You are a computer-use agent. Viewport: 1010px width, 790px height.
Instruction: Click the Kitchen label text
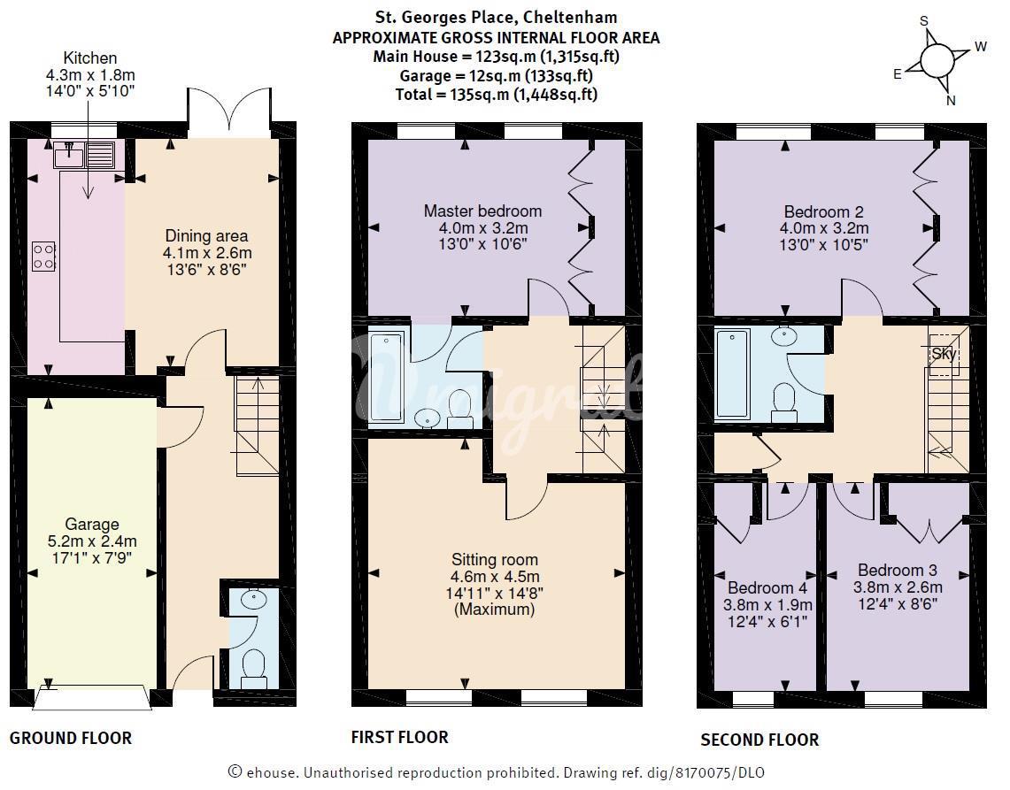90,58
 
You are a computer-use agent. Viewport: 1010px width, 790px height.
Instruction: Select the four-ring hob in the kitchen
44,257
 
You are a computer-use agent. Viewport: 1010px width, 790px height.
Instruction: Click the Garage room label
92,524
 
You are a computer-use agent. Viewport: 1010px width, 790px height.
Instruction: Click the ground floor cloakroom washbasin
254,600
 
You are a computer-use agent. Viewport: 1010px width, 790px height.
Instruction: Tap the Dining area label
206,235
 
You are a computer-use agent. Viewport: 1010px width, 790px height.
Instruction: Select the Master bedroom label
482,211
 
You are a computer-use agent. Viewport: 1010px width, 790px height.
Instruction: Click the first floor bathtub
387,377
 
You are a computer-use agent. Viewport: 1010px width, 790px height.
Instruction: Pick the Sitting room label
494,559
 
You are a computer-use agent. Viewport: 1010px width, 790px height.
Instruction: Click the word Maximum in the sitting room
495,609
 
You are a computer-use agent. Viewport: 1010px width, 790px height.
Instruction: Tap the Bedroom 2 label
824,211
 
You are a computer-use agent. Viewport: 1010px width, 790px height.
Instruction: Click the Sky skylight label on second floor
944,354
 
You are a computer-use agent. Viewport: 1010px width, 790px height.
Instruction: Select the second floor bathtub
732,373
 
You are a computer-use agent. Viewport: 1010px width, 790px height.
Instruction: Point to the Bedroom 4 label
767,587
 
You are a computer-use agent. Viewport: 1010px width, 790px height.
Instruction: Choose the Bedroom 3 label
898,570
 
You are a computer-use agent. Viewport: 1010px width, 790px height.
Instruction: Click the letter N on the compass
951,101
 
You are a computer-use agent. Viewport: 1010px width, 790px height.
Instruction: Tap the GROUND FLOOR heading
71,738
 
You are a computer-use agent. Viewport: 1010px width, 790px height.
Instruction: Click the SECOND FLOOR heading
760,740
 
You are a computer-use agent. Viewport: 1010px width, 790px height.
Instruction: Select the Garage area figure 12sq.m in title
489,76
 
